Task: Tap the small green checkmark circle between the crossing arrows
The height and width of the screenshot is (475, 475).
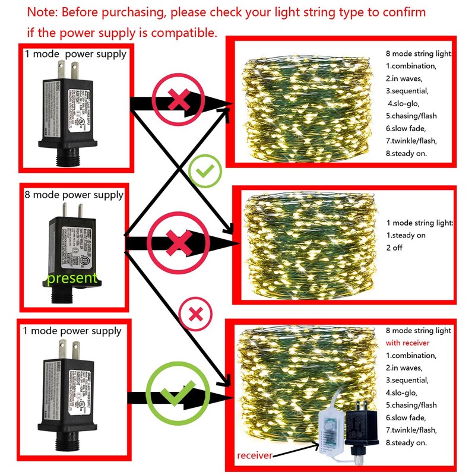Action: [x=205, y=172]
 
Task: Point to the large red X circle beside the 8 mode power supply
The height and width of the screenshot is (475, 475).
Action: [x=179, y=242]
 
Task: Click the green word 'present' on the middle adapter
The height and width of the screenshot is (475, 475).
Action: [x=72, y=277]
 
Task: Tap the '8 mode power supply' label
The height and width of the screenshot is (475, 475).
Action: [x=74, y=195]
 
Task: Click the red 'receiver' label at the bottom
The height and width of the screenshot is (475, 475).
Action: [x=257, y=455]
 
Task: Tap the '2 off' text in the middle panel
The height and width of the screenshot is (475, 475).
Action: [x=394, y=248]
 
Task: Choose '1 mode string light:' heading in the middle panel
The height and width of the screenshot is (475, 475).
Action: [x=420, y=223]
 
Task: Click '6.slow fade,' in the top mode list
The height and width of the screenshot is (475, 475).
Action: [x=410, y=128]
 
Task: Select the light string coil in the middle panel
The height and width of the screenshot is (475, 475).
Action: [x=309, y=243]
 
